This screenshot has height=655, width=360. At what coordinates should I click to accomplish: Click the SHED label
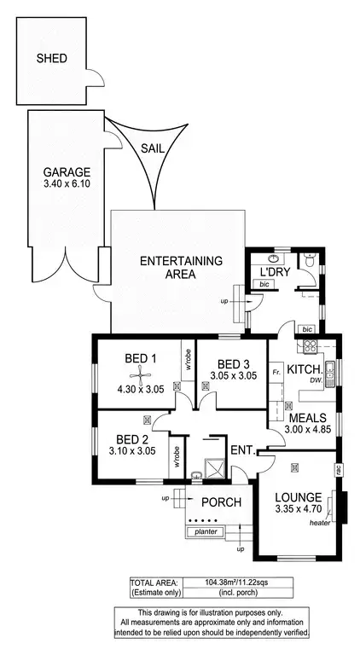tap(50, 59)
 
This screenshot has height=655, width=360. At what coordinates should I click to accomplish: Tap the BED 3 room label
tap(233, 362)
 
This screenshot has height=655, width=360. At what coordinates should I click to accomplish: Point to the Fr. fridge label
tap(276, 373)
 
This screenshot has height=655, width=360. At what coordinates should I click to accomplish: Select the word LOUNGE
tap(298, 497)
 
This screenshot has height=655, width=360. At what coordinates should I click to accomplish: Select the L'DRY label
tap(276, 272)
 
